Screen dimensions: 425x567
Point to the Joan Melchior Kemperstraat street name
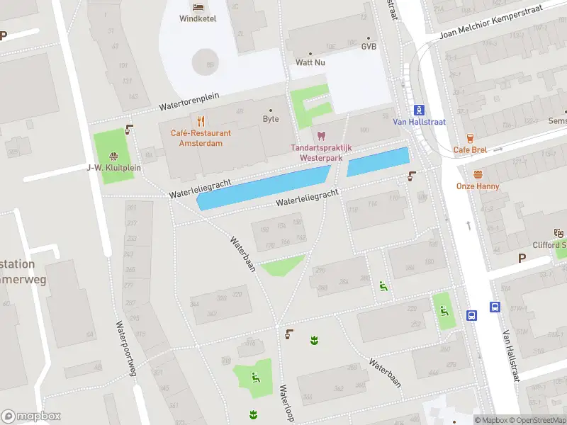500,21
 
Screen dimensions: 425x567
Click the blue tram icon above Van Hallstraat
420,109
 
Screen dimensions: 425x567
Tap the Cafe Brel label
471,149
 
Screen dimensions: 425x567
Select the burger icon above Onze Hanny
478,174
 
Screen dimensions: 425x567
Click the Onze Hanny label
478,186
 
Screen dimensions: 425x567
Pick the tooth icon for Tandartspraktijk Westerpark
320,135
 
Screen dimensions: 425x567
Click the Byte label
271,119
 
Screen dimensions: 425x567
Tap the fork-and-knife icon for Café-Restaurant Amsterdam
201,120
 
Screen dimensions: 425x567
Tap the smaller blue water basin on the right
378,162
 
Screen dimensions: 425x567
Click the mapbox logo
31,416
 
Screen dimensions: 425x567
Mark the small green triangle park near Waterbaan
282,265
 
